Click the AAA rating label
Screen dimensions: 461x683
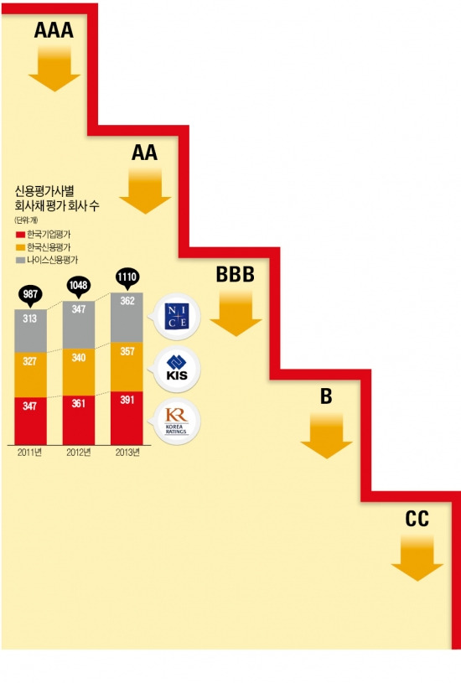point(54,30)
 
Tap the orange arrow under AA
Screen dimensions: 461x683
point(145,191)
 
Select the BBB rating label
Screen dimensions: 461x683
point(236,274)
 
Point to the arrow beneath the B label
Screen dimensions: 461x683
point(326,436)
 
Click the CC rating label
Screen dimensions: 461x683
point(417,519)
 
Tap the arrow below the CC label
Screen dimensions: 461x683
point(417,558)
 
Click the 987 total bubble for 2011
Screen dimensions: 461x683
point(30,296)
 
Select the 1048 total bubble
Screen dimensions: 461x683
point(79,287)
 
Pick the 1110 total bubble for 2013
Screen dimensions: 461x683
point(127,278)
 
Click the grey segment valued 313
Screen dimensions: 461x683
point(30,331)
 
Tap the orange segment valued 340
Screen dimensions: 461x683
point(79,371)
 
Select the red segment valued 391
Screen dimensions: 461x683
point(127,417)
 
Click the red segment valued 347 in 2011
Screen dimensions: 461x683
point(30,421)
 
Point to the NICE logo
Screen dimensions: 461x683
point(177,317)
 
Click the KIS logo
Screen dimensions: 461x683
point(177,369)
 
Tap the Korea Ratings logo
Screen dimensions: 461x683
point(177,422)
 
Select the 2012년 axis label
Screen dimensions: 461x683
point(79,453)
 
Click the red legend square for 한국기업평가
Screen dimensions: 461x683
point(20,235)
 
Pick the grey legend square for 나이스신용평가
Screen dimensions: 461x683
point(20,260)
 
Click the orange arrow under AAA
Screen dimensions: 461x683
point(54,69)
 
